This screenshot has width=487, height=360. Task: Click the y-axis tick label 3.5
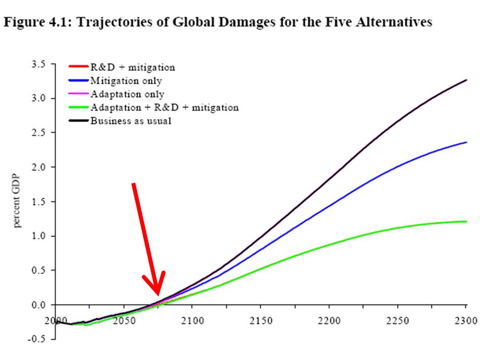pyautogui.click(x=38, y=64)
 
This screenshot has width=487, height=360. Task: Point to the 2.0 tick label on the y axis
pyautogui.click(x=38, y=167)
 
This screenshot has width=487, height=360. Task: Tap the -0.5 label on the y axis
pyautogui.click(x=36, y=339)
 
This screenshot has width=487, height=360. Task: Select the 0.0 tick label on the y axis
pyautogui.click(x=38, y=305)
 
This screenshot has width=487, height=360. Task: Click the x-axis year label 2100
pyautogui.click(x=193, y=320)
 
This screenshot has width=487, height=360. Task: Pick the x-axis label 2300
pyautogui.click(x=466, y=320)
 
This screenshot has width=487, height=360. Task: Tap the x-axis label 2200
pyautogui.click(x=329, y=320)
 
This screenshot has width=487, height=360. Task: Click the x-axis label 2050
pyautogui.click(x=124, y=320)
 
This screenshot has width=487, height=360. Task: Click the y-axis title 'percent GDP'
pyautogui.click(x=17, y=201)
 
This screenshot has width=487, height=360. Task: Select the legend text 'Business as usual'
pyautogui.click(x=131, y=121)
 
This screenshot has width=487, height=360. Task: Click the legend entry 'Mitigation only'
pyautogui.click(x=126, y=81)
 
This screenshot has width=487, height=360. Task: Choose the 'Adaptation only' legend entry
pyautogui.click(x=127, y=94)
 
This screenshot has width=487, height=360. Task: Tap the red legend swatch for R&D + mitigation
pyautogui.click(x=78, y=66)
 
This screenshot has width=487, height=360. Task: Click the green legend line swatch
pyautogui.click(x=78, y=107)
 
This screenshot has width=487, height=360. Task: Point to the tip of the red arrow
pyautogui.click(x=158, y=295)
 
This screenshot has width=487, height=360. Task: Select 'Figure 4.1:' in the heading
pyautogui.click(x=38, y=22)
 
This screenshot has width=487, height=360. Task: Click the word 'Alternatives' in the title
pyautogui.click(x=394, y=22)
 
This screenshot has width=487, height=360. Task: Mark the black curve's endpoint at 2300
pyautogui.click(x=466, y=80)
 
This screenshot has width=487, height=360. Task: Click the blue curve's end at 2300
pyautogui.click(x=466, y=142)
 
